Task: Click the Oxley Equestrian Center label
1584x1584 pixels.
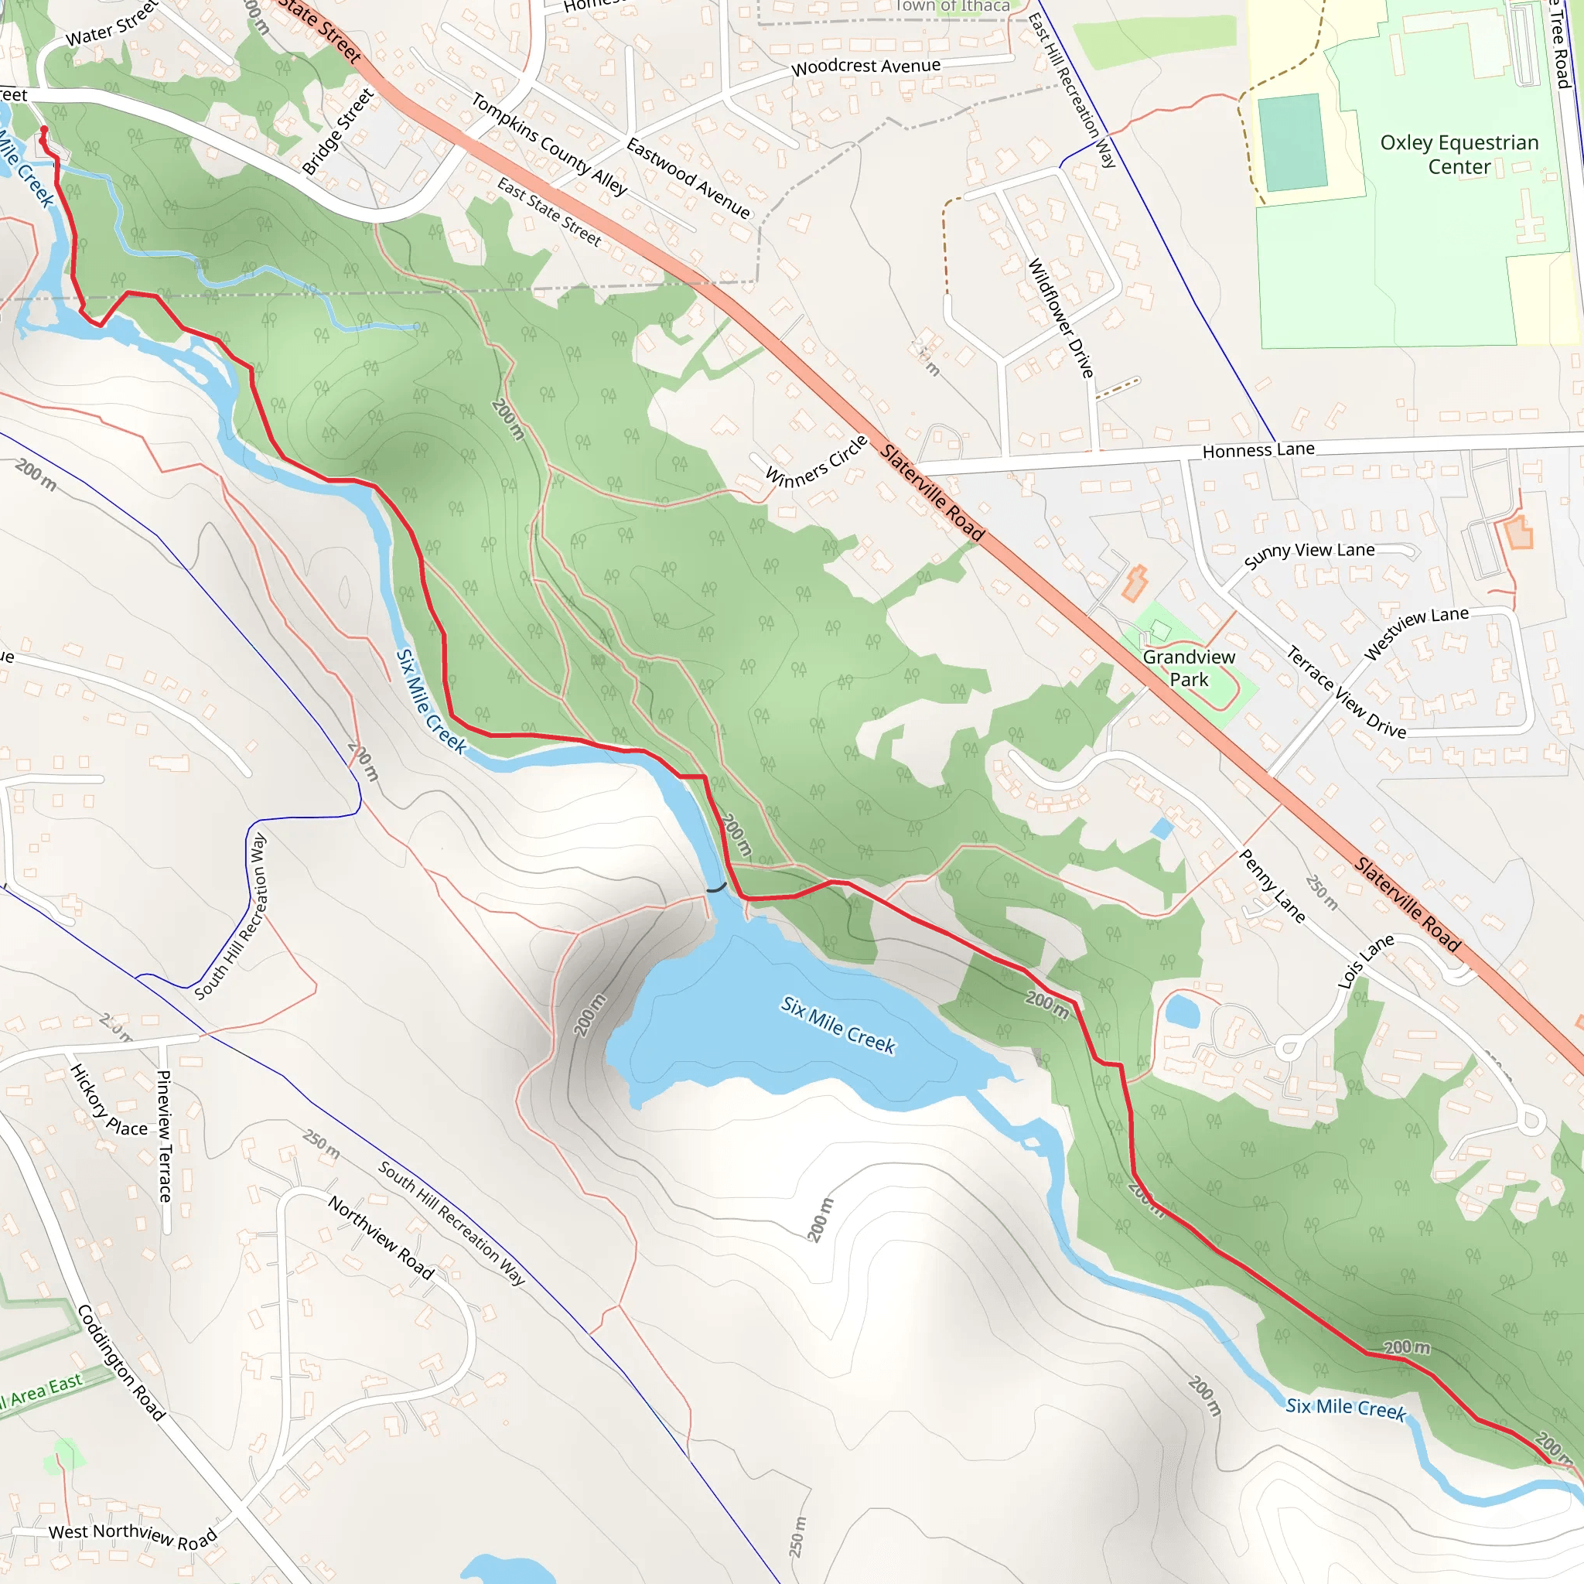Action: pos(1459,154)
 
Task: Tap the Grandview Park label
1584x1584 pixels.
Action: pos(1189,668)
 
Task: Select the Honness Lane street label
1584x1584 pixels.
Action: pos(1258,449)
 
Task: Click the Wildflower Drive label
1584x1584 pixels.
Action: pos(1061,318)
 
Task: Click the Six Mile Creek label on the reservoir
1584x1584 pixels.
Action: pos(838,1025)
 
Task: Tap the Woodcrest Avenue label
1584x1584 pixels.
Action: pos(865,67)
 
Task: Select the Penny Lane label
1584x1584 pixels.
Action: pos(1272,886)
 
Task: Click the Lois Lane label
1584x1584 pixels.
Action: pos(1366,961)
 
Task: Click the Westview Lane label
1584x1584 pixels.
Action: pos(1416,632)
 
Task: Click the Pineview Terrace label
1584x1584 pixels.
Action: pos(165,1136)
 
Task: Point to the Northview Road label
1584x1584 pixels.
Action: pos(381,1238)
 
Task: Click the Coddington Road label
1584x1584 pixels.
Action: pos(121,1362)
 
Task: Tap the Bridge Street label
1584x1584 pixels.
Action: pos(338,131)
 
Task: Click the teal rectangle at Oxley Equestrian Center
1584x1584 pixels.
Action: pos(1293,142)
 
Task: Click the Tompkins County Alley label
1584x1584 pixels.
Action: pos(549,144)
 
